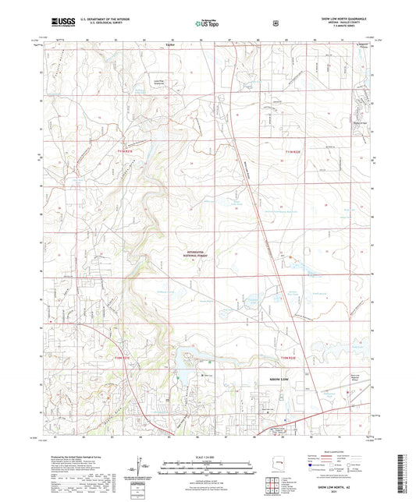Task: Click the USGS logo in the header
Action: (62, 23)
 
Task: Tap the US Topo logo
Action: (207, 23)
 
